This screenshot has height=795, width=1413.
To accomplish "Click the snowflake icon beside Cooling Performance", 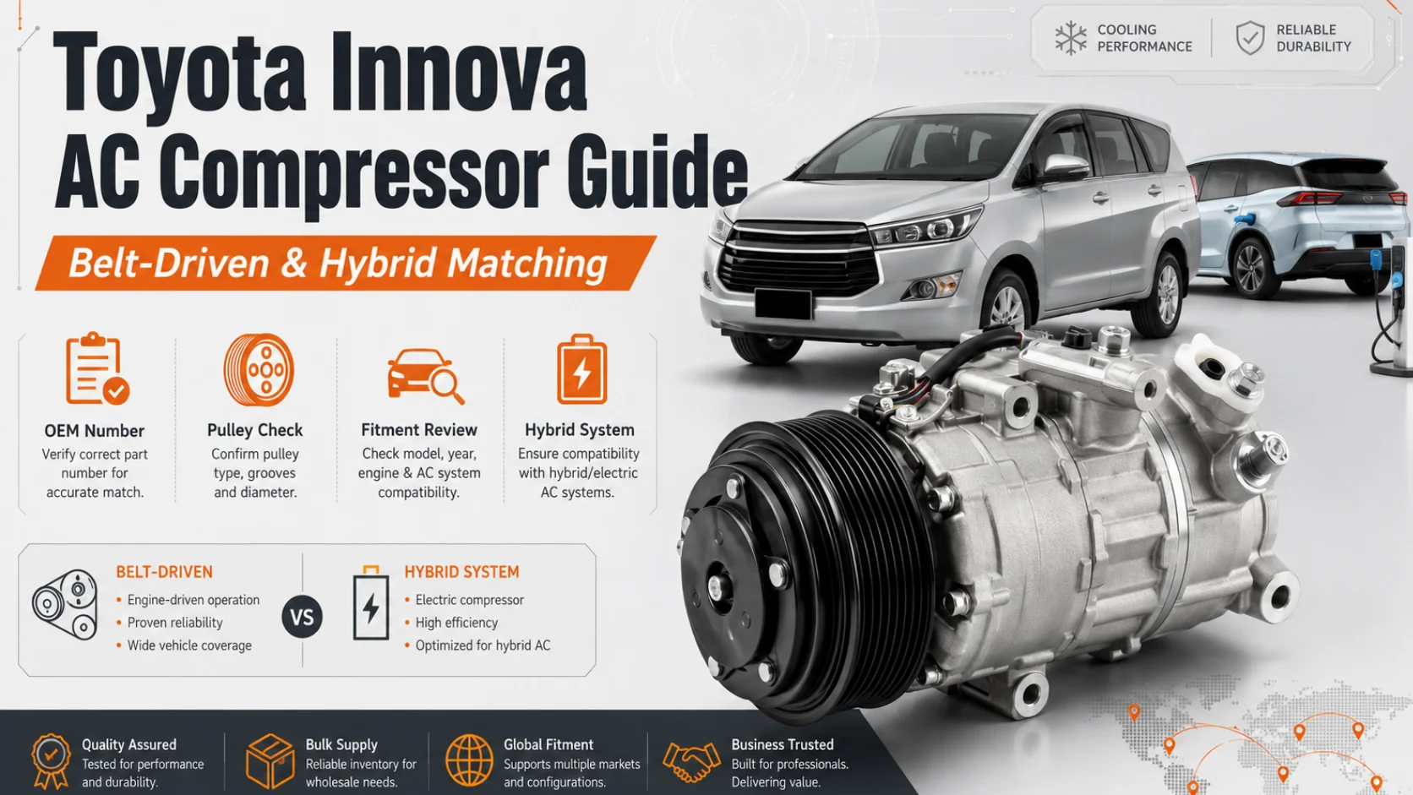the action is click(x=1071, y=38).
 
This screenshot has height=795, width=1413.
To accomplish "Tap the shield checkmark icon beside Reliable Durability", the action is click(x=1250, y=38).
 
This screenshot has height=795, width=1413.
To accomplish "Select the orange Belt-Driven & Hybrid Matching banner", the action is click(x=345, y=263).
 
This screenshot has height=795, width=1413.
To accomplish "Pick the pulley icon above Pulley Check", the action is click(x=259, y=369).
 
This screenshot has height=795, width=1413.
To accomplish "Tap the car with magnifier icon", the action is click(x=425, y=376).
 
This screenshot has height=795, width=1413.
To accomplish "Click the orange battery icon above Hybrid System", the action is click(x=581, y=369).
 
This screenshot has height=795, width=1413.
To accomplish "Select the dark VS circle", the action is click(x=303, y=616).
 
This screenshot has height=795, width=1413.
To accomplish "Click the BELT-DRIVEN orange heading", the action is click(x=164, y=572).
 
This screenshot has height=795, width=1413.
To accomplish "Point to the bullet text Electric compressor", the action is click(x=469, y=600).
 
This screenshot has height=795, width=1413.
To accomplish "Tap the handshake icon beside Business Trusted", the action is click(x=691, y=761).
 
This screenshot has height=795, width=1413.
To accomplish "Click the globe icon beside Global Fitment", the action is click(x=469, y=760).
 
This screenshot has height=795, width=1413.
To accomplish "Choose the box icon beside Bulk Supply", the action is click(x=270, y=761).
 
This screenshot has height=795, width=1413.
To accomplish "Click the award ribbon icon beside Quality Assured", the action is click(x=51, y=761).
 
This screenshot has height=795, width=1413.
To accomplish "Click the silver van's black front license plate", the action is click(x=783, y=305).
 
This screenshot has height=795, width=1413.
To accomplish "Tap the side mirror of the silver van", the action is click(x=1065, y=166).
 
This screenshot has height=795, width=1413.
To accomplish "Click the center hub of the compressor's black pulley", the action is click(x=717, y=588).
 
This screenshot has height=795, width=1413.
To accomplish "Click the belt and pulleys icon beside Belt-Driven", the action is click(x=65, y=605).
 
